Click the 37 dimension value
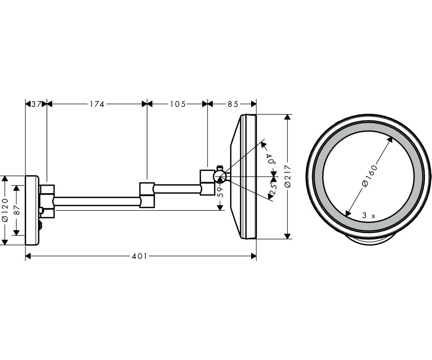[36, 104]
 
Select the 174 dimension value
[97, 104]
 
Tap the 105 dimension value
[178, 104]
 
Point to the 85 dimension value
[233, 104]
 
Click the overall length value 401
[139, 256]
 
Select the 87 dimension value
[17, 210]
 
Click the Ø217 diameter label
[288, 176]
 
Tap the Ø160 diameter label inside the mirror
[369, 176]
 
